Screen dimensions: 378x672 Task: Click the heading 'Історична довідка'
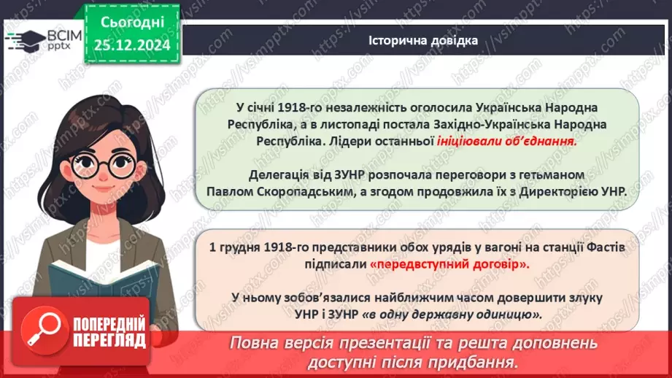point(423,41)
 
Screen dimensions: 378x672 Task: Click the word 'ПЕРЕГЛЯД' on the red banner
point(110,340)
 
